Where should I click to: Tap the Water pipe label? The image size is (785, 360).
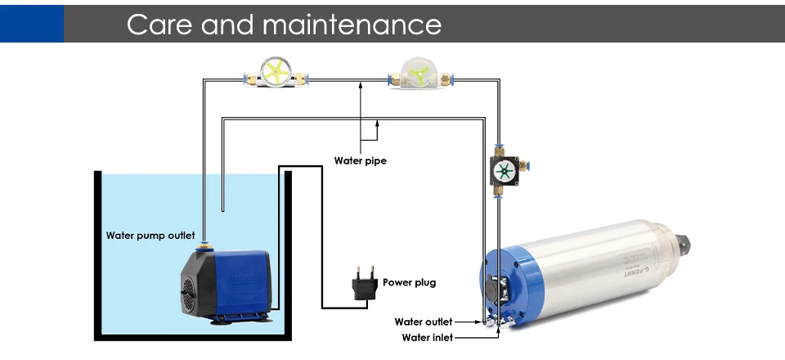tap(360, 160)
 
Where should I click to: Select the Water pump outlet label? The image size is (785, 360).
tap(150, 236)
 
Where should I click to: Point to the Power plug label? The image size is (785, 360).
tap(409, 282)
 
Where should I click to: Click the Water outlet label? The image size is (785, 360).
tap(423, 322)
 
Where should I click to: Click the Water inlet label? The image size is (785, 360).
tap(426, 336)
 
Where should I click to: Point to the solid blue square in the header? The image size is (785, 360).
tap(31, 22)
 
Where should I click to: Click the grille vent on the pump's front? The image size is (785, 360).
tap(188, 292)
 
